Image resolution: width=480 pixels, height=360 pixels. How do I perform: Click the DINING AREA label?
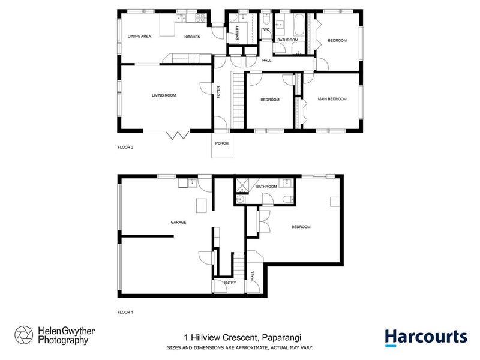[139, 37]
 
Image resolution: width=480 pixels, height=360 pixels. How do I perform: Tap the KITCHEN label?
[192, 37]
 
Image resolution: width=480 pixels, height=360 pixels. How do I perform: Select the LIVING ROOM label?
[164, 95]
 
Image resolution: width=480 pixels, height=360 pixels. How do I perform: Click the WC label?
[266, 29]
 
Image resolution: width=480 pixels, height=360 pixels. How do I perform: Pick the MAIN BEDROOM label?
[332, 99]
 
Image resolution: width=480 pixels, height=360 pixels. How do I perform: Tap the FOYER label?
[219, 92]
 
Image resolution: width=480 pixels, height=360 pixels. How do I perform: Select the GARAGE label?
[178, 222]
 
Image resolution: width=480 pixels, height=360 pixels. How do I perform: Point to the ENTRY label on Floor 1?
[230, 283]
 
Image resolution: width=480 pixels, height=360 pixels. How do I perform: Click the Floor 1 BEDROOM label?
[301, 227]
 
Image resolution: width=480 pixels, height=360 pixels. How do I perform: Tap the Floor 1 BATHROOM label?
[266, 187]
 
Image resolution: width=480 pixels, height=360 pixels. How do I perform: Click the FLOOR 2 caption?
[125, 146]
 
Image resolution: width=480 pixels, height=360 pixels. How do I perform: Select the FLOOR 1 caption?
[125, 313]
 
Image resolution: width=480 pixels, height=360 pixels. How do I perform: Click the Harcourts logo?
[425, 337]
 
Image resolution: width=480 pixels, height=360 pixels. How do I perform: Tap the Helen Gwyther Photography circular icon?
[25, 335]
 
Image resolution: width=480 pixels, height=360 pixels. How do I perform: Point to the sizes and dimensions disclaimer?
[239, 348]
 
